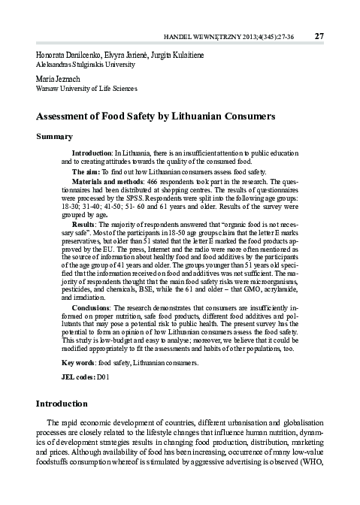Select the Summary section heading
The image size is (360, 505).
(54, 137)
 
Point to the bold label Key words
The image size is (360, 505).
(78, 363)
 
